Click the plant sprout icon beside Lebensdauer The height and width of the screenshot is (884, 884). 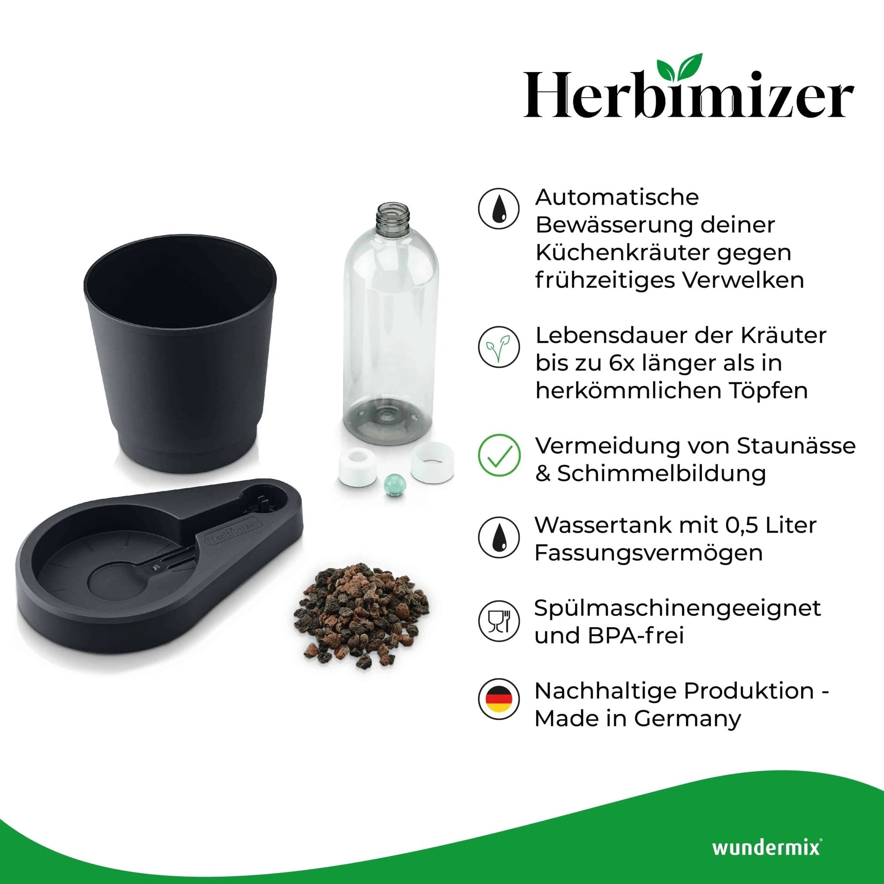(499, 347)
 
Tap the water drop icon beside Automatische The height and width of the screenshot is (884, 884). (499, 208)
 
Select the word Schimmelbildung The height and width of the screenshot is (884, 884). (661, 473)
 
